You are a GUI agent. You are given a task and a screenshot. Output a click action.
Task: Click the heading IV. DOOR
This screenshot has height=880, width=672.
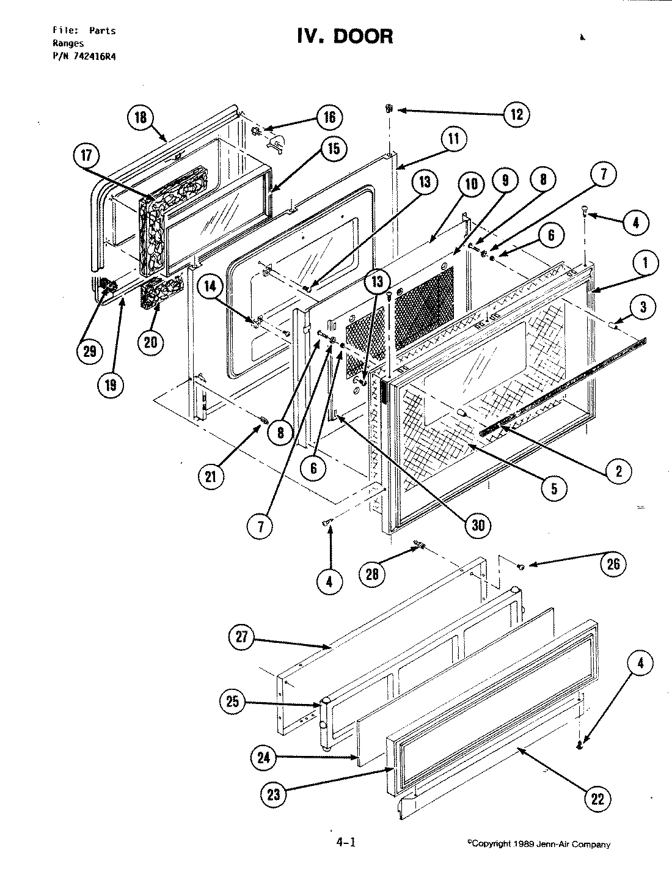pos(345,36)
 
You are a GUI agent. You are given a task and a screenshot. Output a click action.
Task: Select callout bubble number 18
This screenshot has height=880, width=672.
pos(141,117)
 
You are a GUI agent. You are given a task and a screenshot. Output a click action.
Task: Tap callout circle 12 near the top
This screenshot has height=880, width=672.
pos(516,114)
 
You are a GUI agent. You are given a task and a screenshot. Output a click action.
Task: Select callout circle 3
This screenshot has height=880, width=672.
pos(643,306)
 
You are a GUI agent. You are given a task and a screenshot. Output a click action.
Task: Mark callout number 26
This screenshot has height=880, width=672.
pos(613,563)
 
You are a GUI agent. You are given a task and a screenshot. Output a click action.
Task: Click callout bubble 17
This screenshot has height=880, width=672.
pos(86,155)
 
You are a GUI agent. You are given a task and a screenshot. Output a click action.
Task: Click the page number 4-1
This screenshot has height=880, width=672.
pos(345,843)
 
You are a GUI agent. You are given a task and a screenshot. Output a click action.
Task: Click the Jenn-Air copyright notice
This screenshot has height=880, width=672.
pos(538,845)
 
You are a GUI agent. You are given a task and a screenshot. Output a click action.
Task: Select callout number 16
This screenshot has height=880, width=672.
pos(329,117)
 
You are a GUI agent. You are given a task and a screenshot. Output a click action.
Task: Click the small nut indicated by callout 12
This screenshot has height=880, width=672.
pos(389,109)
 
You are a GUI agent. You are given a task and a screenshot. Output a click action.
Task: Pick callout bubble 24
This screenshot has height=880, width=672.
pos(264,758)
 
